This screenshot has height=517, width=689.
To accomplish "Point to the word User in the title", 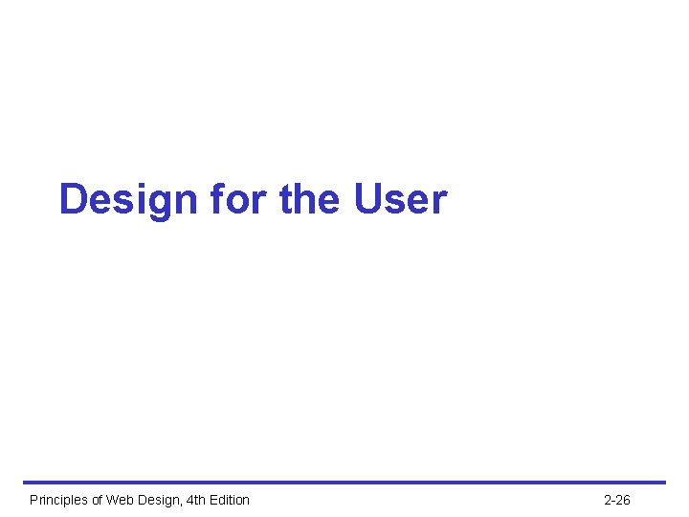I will [400, 200].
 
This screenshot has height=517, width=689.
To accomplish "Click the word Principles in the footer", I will [56, 500].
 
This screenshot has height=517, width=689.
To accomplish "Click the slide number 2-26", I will [617, 500].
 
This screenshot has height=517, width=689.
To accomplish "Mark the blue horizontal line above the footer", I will [344, 483].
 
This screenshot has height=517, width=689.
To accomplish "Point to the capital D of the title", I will [74, 200].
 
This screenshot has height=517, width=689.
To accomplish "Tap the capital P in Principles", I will [34, 500].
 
